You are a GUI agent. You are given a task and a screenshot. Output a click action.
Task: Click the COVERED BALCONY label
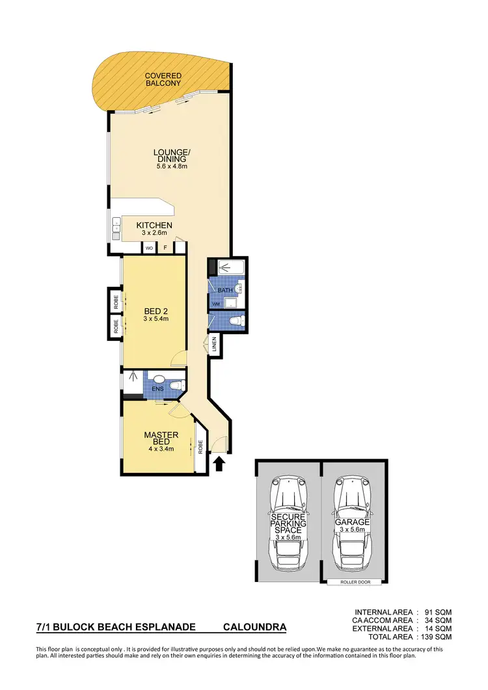coord(163,80)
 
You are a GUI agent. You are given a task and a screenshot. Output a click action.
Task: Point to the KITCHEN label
coord(154,225)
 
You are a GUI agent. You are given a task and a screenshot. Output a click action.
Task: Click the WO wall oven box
coord(149,248)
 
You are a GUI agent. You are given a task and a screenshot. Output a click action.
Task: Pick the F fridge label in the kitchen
coord(165,248)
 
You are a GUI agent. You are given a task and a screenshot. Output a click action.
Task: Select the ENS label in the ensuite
coord(157,390)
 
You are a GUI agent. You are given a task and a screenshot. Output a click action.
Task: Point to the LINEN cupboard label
coord(214,345)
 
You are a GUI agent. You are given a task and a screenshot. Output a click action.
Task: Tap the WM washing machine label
coord(216,304)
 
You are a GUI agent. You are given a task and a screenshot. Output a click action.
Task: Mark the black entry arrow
coord(219,462)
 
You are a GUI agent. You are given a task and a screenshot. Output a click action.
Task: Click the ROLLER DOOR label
coord(355,582)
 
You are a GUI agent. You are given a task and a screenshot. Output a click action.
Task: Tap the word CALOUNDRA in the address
coord(254,628)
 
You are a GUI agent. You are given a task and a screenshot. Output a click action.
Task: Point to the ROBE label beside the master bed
coord(201,448)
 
